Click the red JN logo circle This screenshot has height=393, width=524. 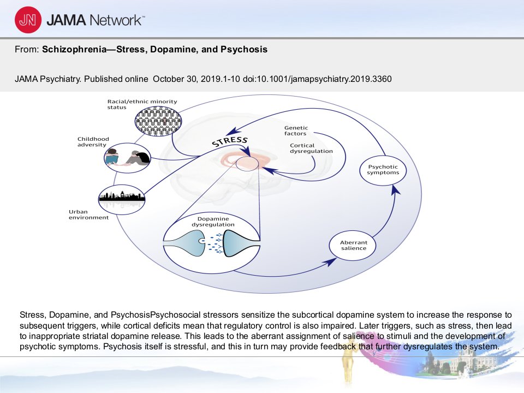[x=28, y=20]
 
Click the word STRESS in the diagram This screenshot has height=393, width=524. [x=230, y=142]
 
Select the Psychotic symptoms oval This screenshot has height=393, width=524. [x=383, y=170]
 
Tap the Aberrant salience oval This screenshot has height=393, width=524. [x=353, y=245]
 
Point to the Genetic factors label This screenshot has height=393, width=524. [x=296, y=130]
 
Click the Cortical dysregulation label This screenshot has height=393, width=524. [x=311, y=148]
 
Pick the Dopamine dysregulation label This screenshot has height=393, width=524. [x=213, y=222]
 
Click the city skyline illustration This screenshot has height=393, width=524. [x=122, y=199]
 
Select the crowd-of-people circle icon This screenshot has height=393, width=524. [x=158, y=121]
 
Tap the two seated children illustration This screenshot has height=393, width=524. [x=127, y=158]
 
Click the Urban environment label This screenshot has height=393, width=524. [x=88, y=215]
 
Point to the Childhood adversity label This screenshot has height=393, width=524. [x=93, y=142]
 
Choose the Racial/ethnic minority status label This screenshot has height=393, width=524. [x=142, y=104]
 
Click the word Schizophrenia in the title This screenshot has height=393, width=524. [x=74, y=50]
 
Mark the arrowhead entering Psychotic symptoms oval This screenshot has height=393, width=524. [x=396, y=190]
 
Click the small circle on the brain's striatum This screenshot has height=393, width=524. [x=247, y=164]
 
